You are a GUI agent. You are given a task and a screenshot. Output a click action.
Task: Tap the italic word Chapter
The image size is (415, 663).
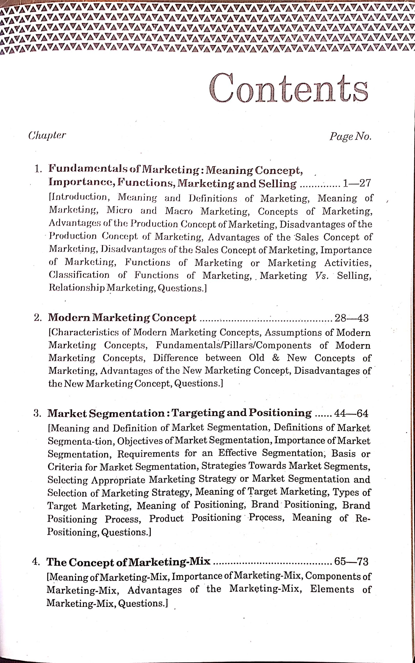pyautogui.click(x=47, y=135)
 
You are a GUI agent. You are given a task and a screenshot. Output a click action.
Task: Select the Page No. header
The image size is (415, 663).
pyautogui.click(x=350, y=136)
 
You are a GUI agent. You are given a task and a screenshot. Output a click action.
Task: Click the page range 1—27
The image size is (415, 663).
pyautogui.click(x=357, y=183)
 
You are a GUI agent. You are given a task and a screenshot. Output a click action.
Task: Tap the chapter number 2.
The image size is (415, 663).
pyautogui.click(x=38, y=318)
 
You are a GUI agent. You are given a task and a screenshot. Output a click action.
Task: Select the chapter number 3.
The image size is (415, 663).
pyautogui.click(x=37, y=413)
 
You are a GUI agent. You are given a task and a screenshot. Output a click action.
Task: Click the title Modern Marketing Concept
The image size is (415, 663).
pyautogui.click(x=122, y=318)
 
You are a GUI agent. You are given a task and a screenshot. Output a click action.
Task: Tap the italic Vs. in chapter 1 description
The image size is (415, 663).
pyautogui.click(x=322, y=276)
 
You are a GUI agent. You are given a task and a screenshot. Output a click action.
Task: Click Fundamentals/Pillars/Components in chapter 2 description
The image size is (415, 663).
pyautogui.click(x=233, y=345)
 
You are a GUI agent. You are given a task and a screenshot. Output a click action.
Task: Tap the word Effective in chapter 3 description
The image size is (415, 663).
pyautogui.click(x=237, y=453)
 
